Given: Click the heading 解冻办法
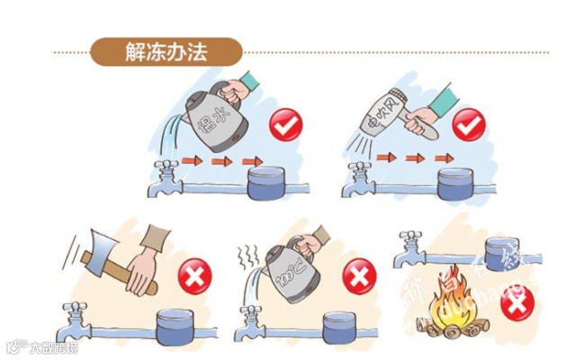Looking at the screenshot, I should point(166,51).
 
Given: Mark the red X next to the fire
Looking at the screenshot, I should point(515,305).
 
